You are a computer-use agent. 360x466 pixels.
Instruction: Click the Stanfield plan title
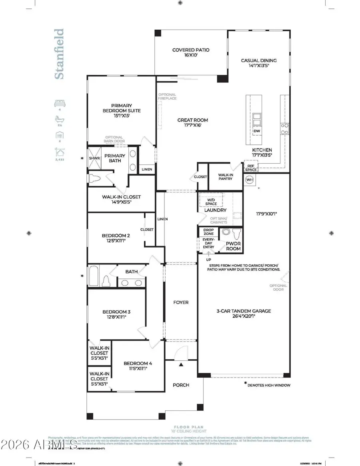pos(59,54)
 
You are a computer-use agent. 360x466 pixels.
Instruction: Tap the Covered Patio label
pos(191,50)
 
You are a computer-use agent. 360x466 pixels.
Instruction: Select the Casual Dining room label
pos(258,61)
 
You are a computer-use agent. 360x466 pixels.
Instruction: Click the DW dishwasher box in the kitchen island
pos(256,131)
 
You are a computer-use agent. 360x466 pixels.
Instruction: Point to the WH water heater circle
pos(250,179)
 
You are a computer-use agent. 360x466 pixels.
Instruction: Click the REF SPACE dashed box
pos(251,167)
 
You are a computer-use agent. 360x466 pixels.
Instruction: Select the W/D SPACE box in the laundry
pos(211,201)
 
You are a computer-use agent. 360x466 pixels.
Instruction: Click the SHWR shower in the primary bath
pos(94,158)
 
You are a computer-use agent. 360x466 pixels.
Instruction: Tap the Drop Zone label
pos(208,232)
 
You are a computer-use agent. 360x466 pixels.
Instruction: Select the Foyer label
pos(181,302)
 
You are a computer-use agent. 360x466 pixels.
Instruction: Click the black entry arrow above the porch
pos(181,364)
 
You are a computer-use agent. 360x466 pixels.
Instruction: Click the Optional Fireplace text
pos(167,96)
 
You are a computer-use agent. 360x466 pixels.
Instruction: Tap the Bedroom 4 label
pos(138,363)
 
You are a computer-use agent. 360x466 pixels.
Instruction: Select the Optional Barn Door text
pos(114,139)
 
